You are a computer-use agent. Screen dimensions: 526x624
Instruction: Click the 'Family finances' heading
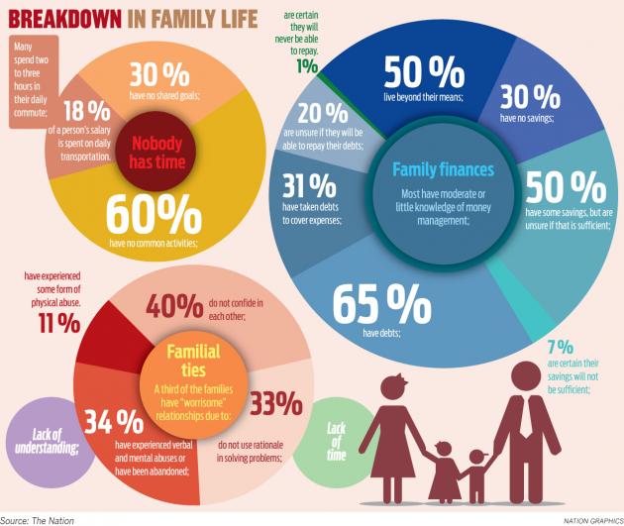click(443, 169)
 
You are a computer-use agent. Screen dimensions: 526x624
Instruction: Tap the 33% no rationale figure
click(276, 403)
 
